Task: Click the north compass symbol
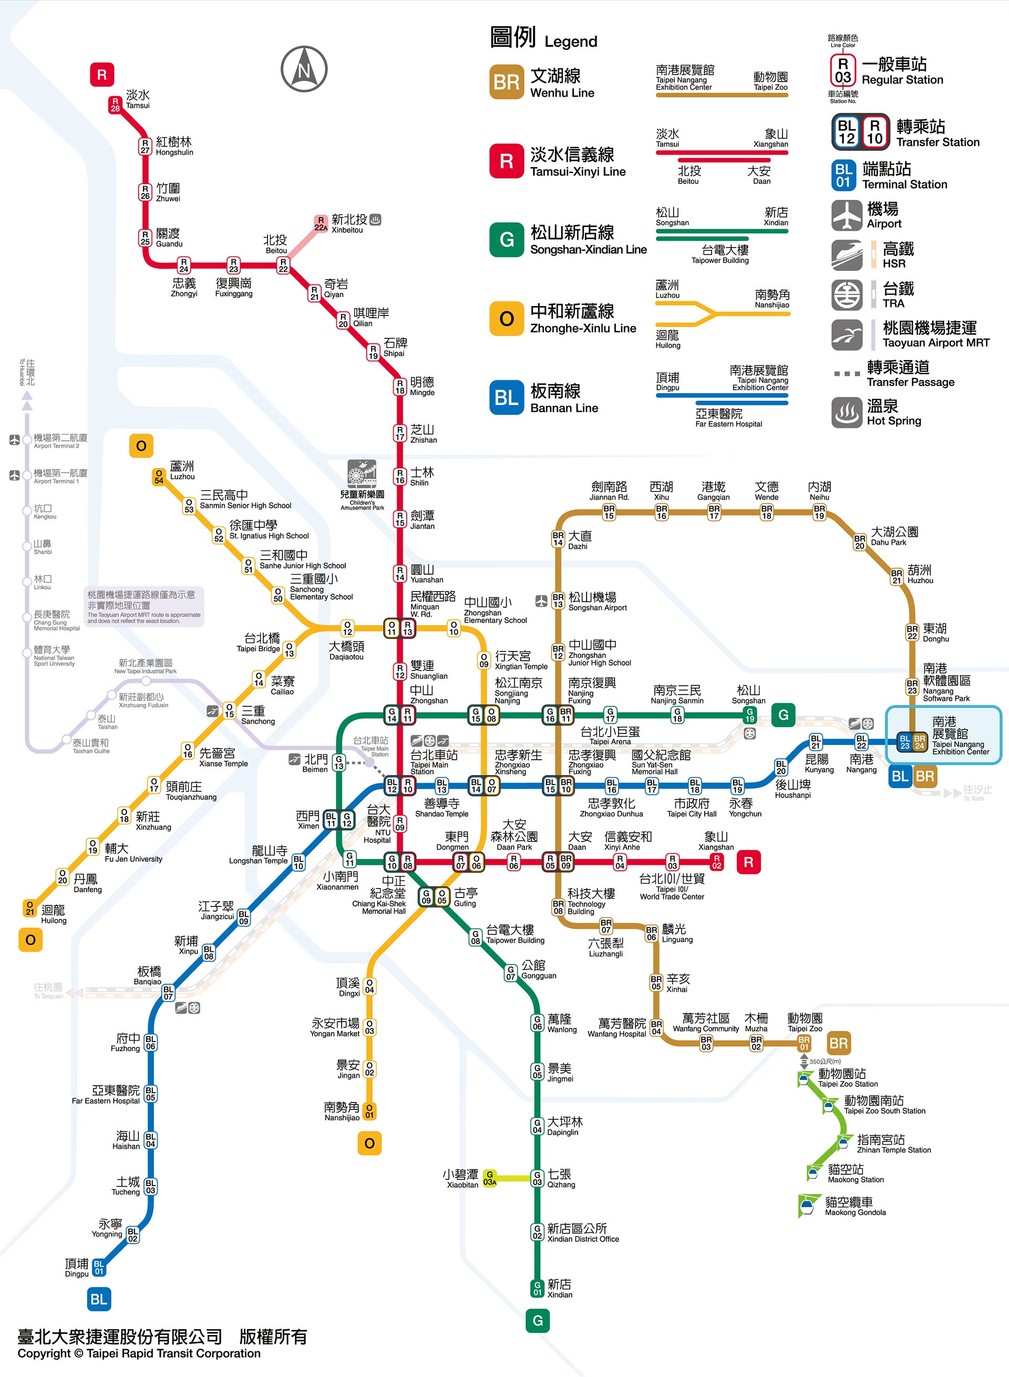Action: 304,69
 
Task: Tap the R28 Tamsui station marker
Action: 115,105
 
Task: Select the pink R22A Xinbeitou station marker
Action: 321,223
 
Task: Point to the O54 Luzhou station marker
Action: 159,476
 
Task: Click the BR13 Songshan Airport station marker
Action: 558,600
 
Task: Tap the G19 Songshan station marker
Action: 749,715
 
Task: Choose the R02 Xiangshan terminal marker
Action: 716,861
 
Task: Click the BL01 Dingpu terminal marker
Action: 99,1268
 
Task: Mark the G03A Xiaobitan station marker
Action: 489,1178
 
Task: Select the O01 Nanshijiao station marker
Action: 369,1110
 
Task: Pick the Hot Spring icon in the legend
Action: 847,412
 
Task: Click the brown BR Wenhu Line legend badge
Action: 506,82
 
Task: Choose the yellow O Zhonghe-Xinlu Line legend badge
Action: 506,318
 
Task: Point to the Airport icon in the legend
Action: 847,216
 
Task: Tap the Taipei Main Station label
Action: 433,761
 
